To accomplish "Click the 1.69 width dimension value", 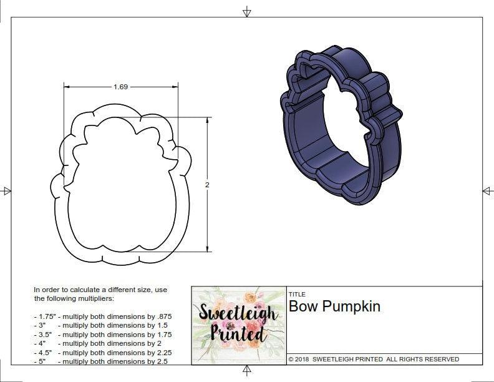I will pyautogui.click(x=120, y=87).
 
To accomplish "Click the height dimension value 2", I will pyautogui.click(x=206, y=185).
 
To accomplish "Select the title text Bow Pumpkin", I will pyautogui.click(x=334, y=306).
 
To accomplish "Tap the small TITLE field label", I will pyautogui.click(x=296, y=295).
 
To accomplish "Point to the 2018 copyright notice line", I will pyautogui.click(x=374, y=359).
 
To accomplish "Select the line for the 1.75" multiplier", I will pyautogui.click(x=102, y=316).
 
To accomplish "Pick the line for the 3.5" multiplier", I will pyautogui.click(x=102, y=335).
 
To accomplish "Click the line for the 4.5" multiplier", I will pyautogui.click(x=102, y=352).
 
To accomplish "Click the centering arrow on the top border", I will pyautogui.click(x=247, y=11).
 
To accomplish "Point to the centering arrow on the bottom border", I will pyautogui.click(x=247, y=371).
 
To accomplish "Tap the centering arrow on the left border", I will pyautogui.click(x=6, y=190).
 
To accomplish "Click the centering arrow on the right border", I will pyautogui.click(x=487, y=190).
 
